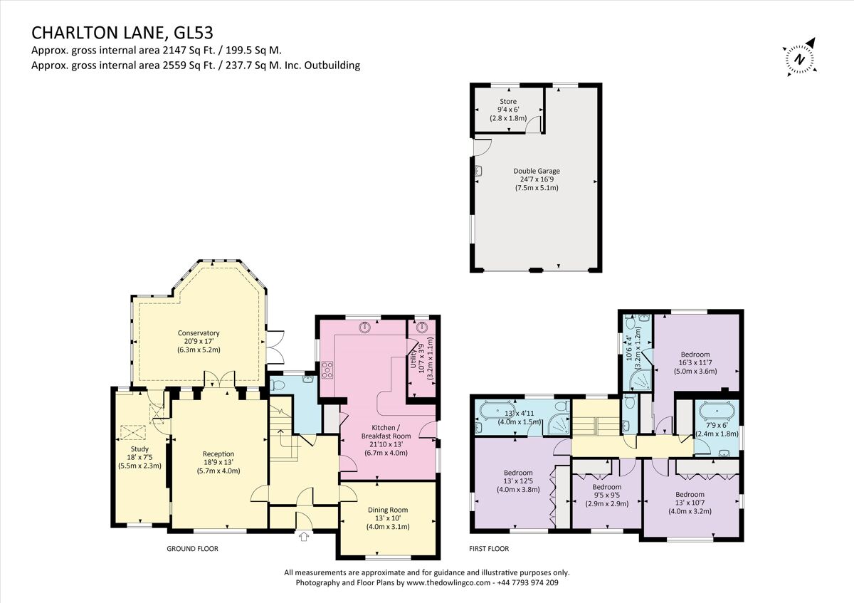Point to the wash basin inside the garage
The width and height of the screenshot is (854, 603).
(479, 171)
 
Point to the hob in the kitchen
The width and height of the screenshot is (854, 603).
(329, 369)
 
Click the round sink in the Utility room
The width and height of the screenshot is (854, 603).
(423, 327)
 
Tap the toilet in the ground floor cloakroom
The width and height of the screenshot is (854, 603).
(278, 385)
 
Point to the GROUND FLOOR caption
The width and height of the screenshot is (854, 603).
(192, 549)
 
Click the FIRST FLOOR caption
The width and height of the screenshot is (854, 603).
(489, 549)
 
